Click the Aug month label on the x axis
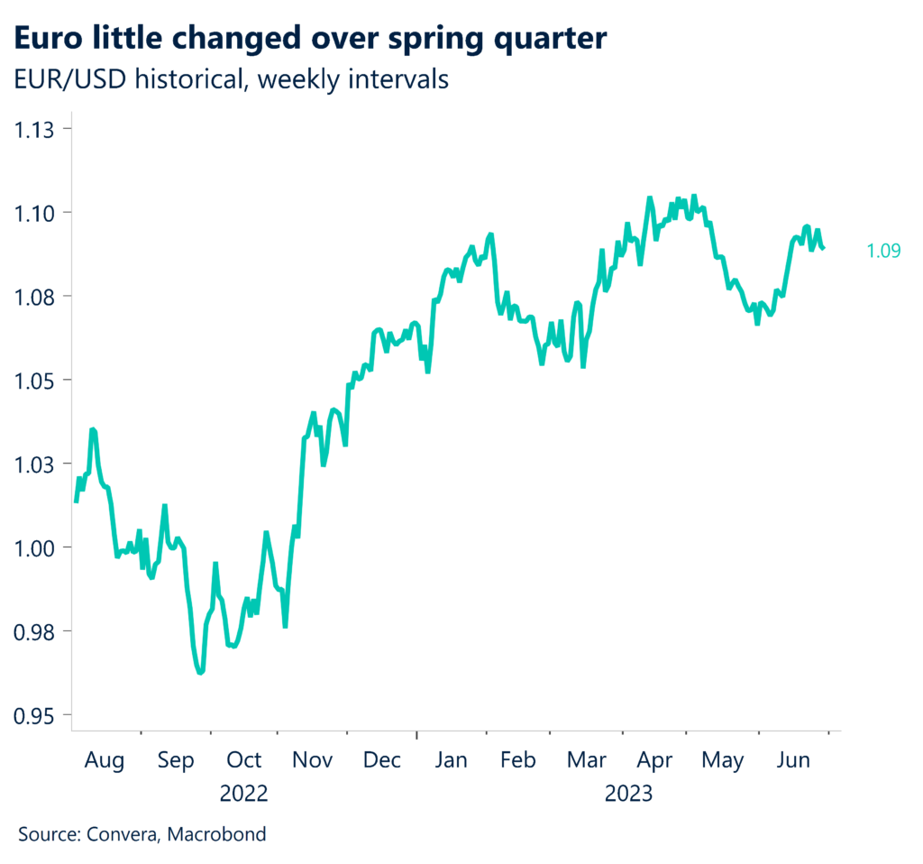coord(105,760)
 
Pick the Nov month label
coord(313,760)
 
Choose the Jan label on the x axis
coord(451,760)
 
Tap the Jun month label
coord(794,760)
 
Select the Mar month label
coord(588,760)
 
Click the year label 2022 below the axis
coord(244,795)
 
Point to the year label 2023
coord(629,795)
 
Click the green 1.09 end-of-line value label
coord(883,252)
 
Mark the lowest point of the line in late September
coord(201,672)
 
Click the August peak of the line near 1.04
coord(93,430)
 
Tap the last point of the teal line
coord(824,249)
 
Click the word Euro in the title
coord(50,39)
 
